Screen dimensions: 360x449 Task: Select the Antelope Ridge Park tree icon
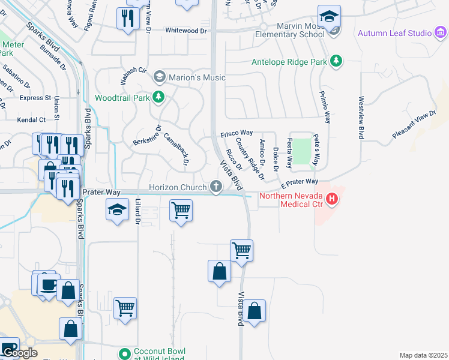[337, 61]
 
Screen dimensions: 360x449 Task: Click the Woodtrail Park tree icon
[158, 97]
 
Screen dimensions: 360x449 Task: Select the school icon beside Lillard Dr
[117, 209]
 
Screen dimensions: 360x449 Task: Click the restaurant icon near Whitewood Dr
[127, 18]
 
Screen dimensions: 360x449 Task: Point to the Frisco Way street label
[237, 133]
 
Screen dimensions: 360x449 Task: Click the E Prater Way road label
[298, 181]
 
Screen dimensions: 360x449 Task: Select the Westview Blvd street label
[361, 118]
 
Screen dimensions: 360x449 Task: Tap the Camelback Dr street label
[176, 149]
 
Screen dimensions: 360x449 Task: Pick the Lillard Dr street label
[137, 212]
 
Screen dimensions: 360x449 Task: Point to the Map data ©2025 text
[423, 355]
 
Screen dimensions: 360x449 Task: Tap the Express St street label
[35, 98]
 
